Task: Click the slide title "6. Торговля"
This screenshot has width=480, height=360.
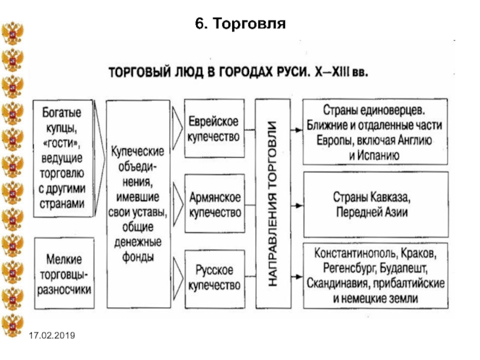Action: (241, 23)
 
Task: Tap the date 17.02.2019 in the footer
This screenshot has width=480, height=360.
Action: (52, 335)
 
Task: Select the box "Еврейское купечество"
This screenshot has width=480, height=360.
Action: (214, 128)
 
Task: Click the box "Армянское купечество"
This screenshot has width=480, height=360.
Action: (215, 204)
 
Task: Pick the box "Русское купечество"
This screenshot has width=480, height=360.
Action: (215, 279)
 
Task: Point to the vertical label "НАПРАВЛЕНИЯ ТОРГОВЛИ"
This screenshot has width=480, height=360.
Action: (272, 203)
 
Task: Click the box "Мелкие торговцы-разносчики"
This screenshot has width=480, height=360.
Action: (64, 274)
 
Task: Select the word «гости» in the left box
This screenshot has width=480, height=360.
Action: (62, 143)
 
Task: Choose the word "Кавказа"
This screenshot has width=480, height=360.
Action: (391, 197)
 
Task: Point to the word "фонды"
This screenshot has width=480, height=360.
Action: (138, 257)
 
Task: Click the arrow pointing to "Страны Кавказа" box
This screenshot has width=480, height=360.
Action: (296, 205)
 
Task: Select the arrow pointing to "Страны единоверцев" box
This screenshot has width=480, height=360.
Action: (296, 130)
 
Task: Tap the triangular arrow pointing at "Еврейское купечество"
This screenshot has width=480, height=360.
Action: (177, 128)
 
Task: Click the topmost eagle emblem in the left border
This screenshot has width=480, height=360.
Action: (13, 33)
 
